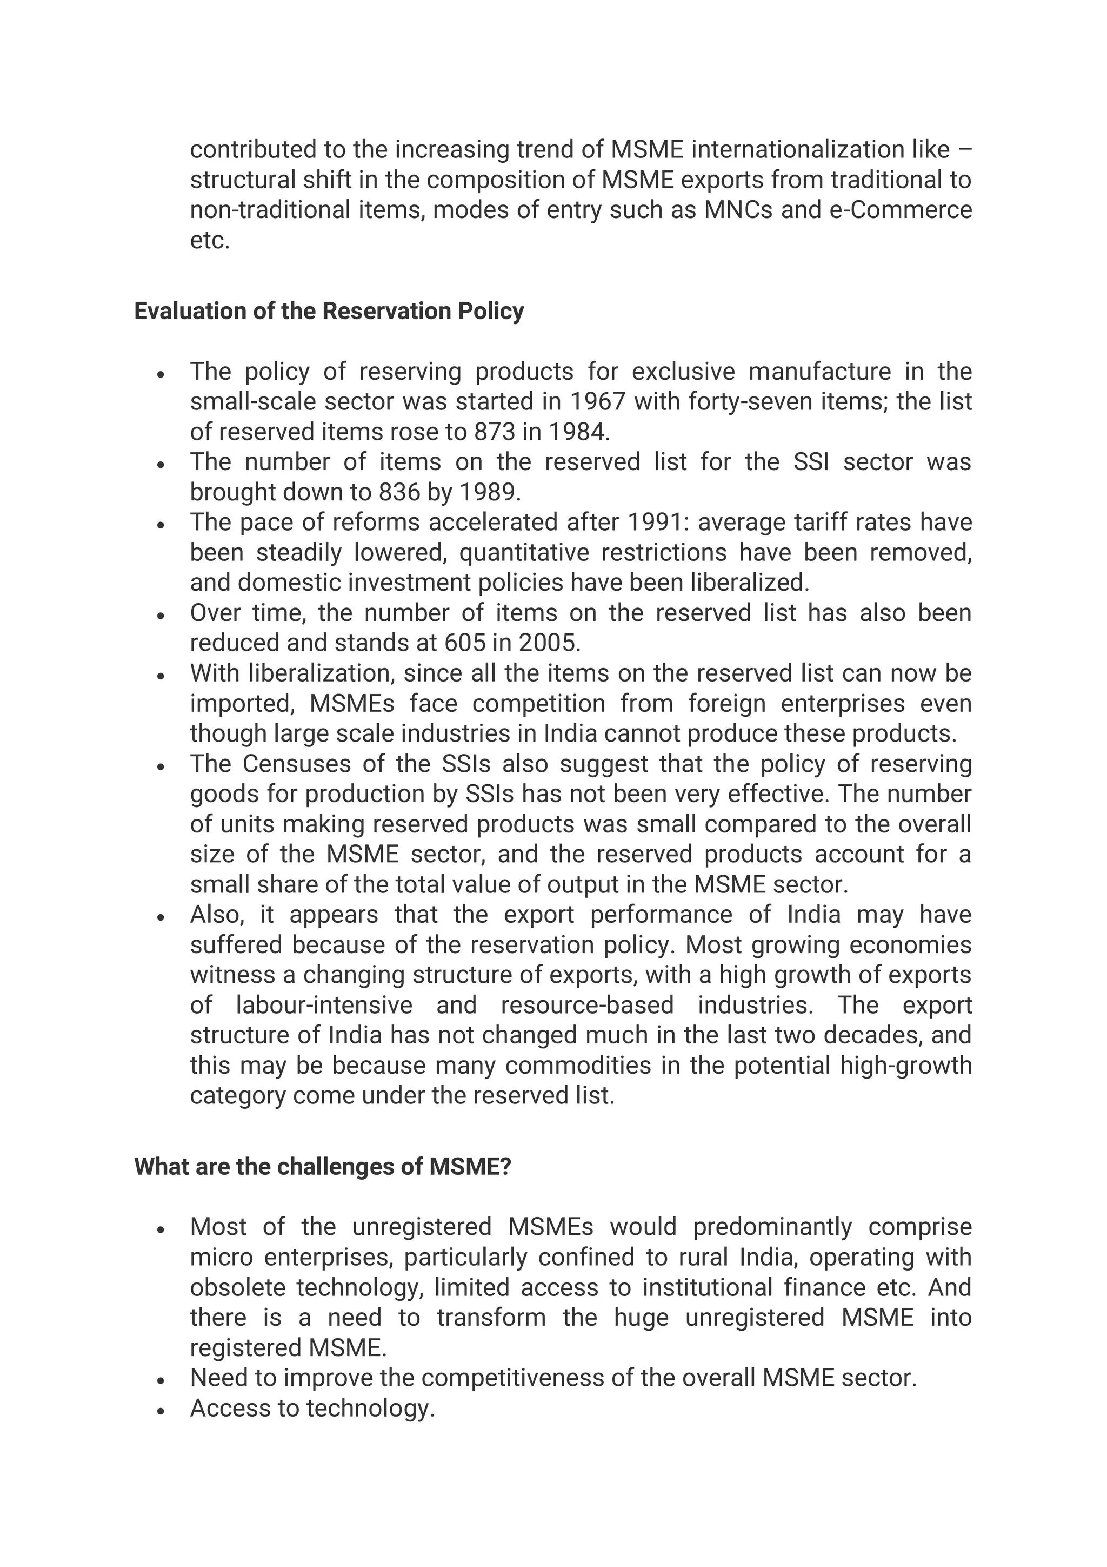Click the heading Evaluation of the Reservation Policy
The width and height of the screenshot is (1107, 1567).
pyautogui.click(x=329, y=311)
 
